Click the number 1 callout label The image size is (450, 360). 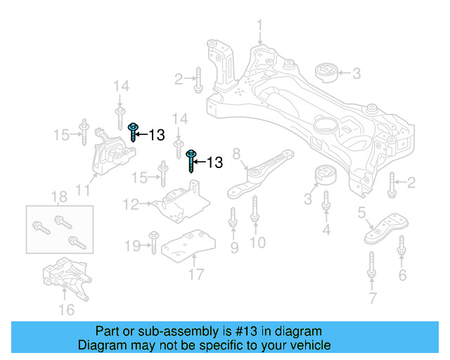click(259, 27)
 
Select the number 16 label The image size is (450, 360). click(66, 309)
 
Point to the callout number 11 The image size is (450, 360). click(83, 190)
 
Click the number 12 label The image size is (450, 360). click(131, 205)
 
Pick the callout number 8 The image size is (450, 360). click(236, 153)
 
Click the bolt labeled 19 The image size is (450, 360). click(153, 241)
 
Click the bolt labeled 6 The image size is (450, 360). click(401, 248)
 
